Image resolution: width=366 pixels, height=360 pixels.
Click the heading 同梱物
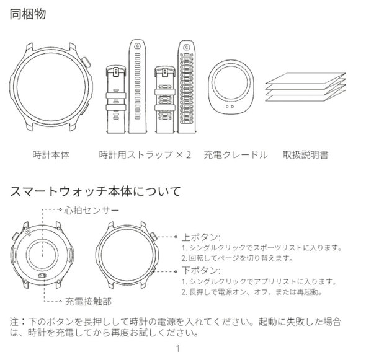[28, 14]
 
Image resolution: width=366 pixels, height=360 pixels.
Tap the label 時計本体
[51, 155]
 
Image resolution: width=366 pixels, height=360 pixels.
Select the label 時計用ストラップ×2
[145, 155]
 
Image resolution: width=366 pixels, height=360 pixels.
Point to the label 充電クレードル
[236, 155]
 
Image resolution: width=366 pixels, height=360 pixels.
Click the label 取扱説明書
[305, 155]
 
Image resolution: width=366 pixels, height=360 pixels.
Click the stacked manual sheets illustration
[305, 87]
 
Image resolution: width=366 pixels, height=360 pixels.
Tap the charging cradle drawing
[231, 87]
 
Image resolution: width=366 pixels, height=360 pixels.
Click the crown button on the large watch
[86, 63]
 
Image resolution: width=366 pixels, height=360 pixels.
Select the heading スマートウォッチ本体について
[96, 191]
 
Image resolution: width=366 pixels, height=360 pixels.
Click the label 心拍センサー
[92, 211]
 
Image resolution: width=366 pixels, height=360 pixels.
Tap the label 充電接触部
[88, 302]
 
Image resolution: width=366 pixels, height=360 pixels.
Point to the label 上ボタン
[201, 237]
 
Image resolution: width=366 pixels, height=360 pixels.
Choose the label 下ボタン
[201, 271]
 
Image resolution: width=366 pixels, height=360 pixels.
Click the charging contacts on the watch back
[42, 276]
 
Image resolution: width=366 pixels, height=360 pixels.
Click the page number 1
[178, 349]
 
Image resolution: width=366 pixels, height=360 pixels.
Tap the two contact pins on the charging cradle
[230, 107]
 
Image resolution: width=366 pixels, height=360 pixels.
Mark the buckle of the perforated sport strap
[165, 72]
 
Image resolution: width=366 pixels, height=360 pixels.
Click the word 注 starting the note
[14, 322]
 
